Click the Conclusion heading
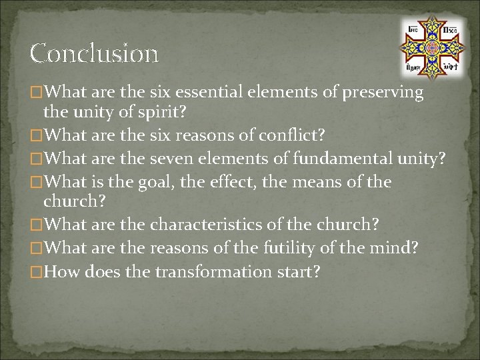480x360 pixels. [94, 53]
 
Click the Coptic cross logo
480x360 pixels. [431, 45]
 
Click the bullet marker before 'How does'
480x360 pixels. [46, 272]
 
